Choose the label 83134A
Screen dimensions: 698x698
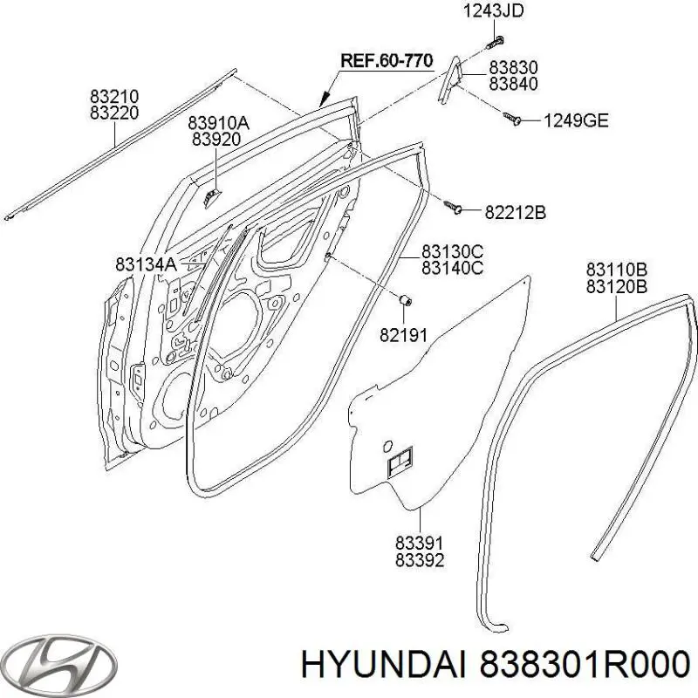tap(146, 263)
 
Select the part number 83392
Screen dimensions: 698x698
tap(420, 560)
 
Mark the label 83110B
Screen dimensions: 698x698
tap(616, 269)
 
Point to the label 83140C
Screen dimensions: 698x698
tap(452, 268)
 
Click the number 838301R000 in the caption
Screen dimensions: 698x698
tap(580, 664)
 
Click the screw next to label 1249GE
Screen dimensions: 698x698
tap(512, 119)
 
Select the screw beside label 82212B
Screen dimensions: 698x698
tap(454, 207)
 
